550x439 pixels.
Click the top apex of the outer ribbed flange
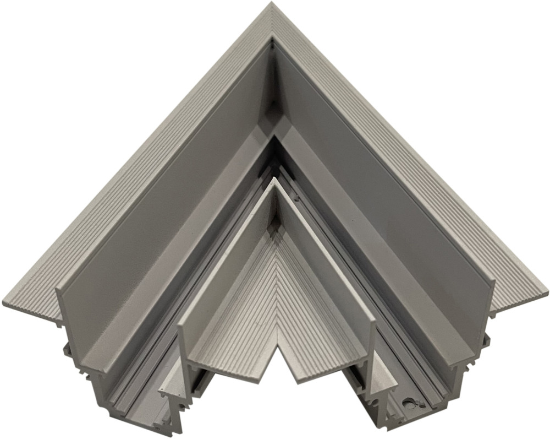coord(272,4)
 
